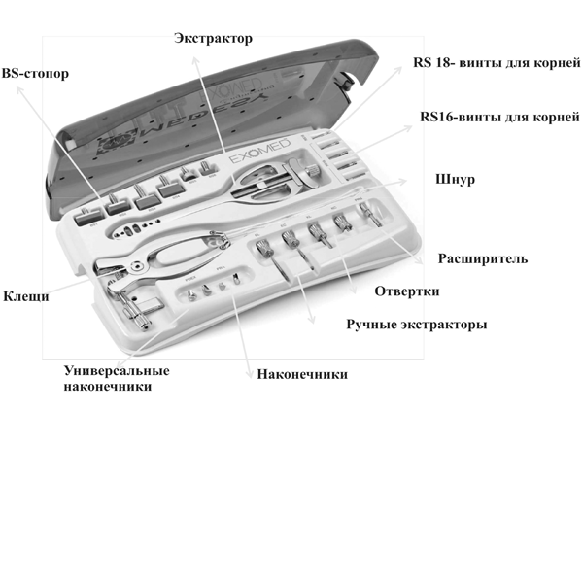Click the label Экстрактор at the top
pos(213,39)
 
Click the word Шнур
pos(455,182)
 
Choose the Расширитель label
pos(483,259)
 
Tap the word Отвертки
pos(407,291)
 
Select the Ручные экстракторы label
pos(416,324)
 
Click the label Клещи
pos(25,296)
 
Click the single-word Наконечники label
pos(301,373)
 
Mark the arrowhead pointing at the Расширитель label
pos(421,260)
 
